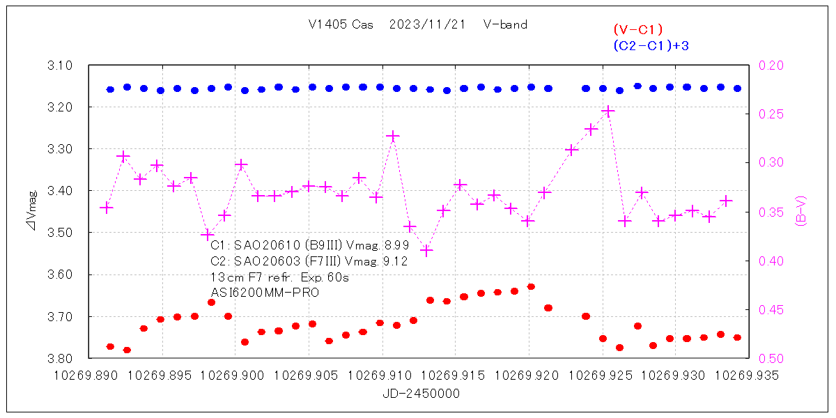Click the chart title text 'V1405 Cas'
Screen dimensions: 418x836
[341, 24]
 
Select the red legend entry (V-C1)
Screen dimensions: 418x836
[637, 29]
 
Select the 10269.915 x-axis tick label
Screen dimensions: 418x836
[456, 376]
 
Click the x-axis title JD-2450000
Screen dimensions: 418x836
[421, 394]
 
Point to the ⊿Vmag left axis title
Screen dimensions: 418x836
[32, 212]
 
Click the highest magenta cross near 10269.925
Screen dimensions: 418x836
[608, 111]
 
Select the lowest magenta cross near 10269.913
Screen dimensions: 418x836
[427, 251]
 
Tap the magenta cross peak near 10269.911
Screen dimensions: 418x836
[393, 136]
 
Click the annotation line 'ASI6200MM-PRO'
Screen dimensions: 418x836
[265, 293]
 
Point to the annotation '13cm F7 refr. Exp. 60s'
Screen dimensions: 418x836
[279, 277]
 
